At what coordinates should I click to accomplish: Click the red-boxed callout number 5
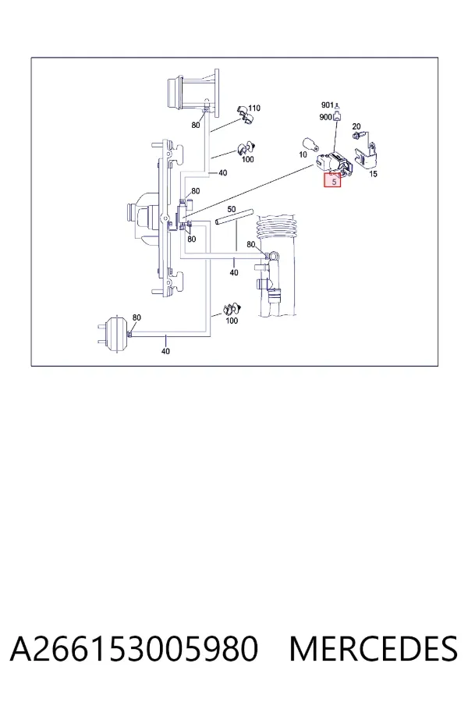(x=334, y=182)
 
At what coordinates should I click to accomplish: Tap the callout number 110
(x=254, y=108)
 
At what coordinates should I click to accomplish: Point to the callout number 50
(x=231, y=209)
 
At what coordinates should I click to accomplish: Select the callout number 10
(x=303, y=154)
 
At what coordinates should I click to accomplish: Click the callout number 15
(x=373, y=174)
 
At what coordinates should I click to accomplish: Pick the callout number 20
(x=356, y=126)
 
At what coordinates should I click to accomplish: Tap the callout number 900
(x=325, y=117)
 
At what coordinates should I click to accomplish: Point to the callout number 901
(x=328, y=105)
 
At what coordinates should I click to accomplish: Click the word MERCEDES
(x=373, y=649)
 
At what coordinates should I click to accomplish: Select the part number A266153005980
(x=134, y=649)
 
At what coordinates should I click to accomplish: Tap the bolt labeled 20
(x=357, y=134)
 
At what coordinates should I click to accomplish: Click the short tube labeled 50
(x=234, y=216)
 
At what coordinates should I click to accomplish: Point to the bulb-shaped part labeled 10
(x=310, y=144)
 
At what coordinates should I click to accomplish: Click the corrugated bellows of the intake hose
(x=277, y=229)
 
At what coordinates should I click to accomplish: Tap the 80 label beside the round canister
(x=136, y=317)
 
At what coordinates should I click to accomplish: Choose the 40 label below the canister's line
(x=165, y=351)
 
